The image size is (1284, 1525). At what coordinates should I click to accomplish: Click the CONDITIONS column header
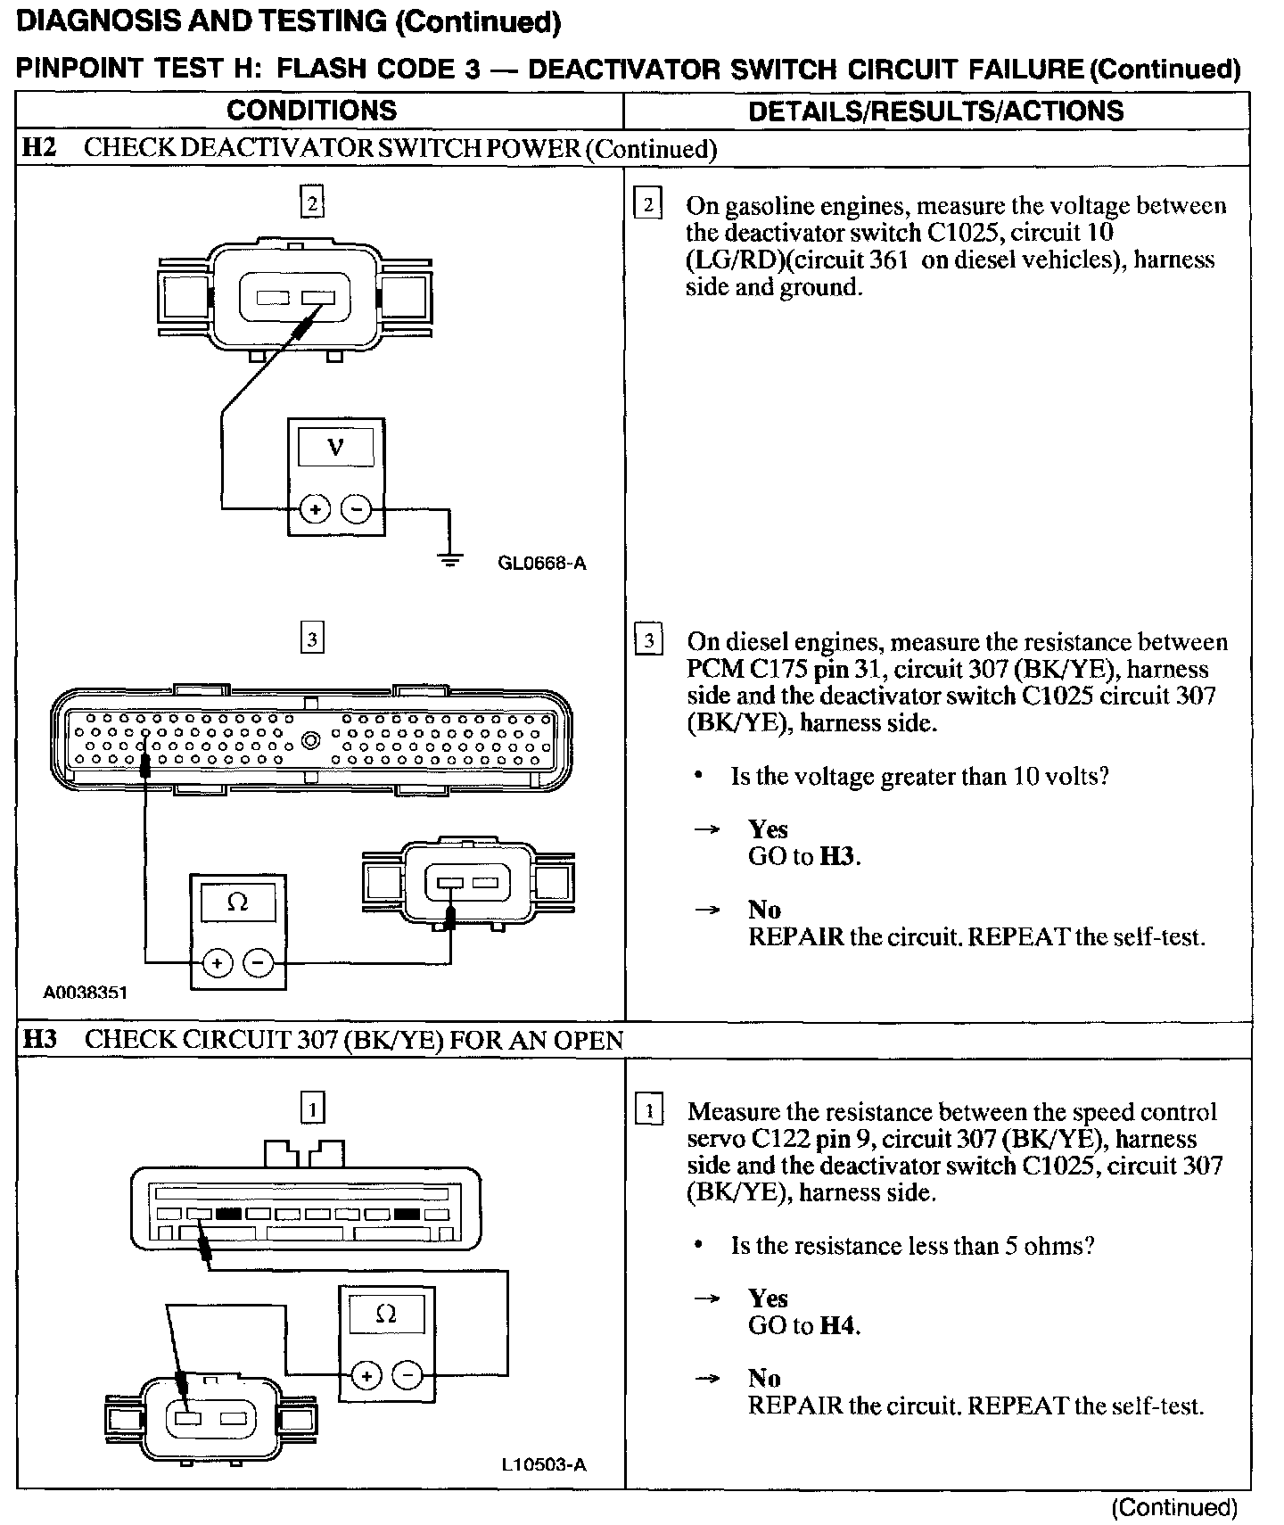coord(311,111)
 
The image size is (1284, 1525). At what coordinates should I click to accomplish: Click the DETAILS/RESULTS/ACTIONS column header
coord(935,111)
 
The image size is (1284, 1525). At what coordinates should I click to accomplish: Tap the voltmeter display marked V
coord(336,447)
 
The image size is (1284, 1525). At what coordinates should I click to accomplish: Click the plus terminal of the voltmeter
coord(314,509)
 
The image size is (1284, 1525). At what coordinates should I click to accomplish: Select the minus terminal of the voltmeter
coord(357,509)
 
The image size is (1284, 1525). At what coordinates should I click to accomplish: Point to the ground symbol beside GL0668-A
coord(451,560)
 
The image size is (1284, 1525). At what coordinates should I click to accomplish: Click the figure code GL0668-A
coord(542,563)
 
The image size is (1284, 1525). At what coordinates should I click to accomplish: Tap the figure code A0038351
coord(86,992)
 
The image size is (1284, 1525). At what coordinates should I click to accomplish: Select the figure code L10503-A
coord(544,1464)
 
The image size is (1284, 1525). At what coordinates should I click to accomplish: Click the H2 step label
coord(39,148)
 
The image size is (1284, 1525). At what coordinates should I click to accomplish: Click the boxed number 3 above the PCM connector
coord(312,639)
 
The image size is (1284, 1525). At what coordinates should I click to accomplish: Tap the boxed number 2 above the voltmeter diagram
coord(312,203)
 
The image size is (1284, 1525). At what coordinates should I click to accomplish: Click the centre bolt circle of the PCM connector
coord(311,739)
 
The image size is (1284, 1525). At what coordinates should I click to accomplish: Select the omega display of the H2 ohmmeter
coord(238,903)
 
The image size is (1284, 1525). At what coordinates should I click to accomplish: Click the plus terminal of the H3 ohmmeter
coord(366,1376)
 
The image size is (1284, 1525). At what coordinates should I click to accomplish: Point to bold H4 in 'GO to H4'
coord(837,1325)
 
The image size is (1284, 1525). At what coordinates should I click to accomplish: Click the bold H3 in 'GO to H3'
coord(838,856)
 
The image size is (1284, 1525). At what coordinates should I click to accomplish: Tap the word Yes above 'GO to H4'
coord(768,1298)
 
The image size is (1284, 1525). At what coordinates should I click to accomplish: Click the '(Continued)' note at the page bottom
coord(1174,1507)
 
